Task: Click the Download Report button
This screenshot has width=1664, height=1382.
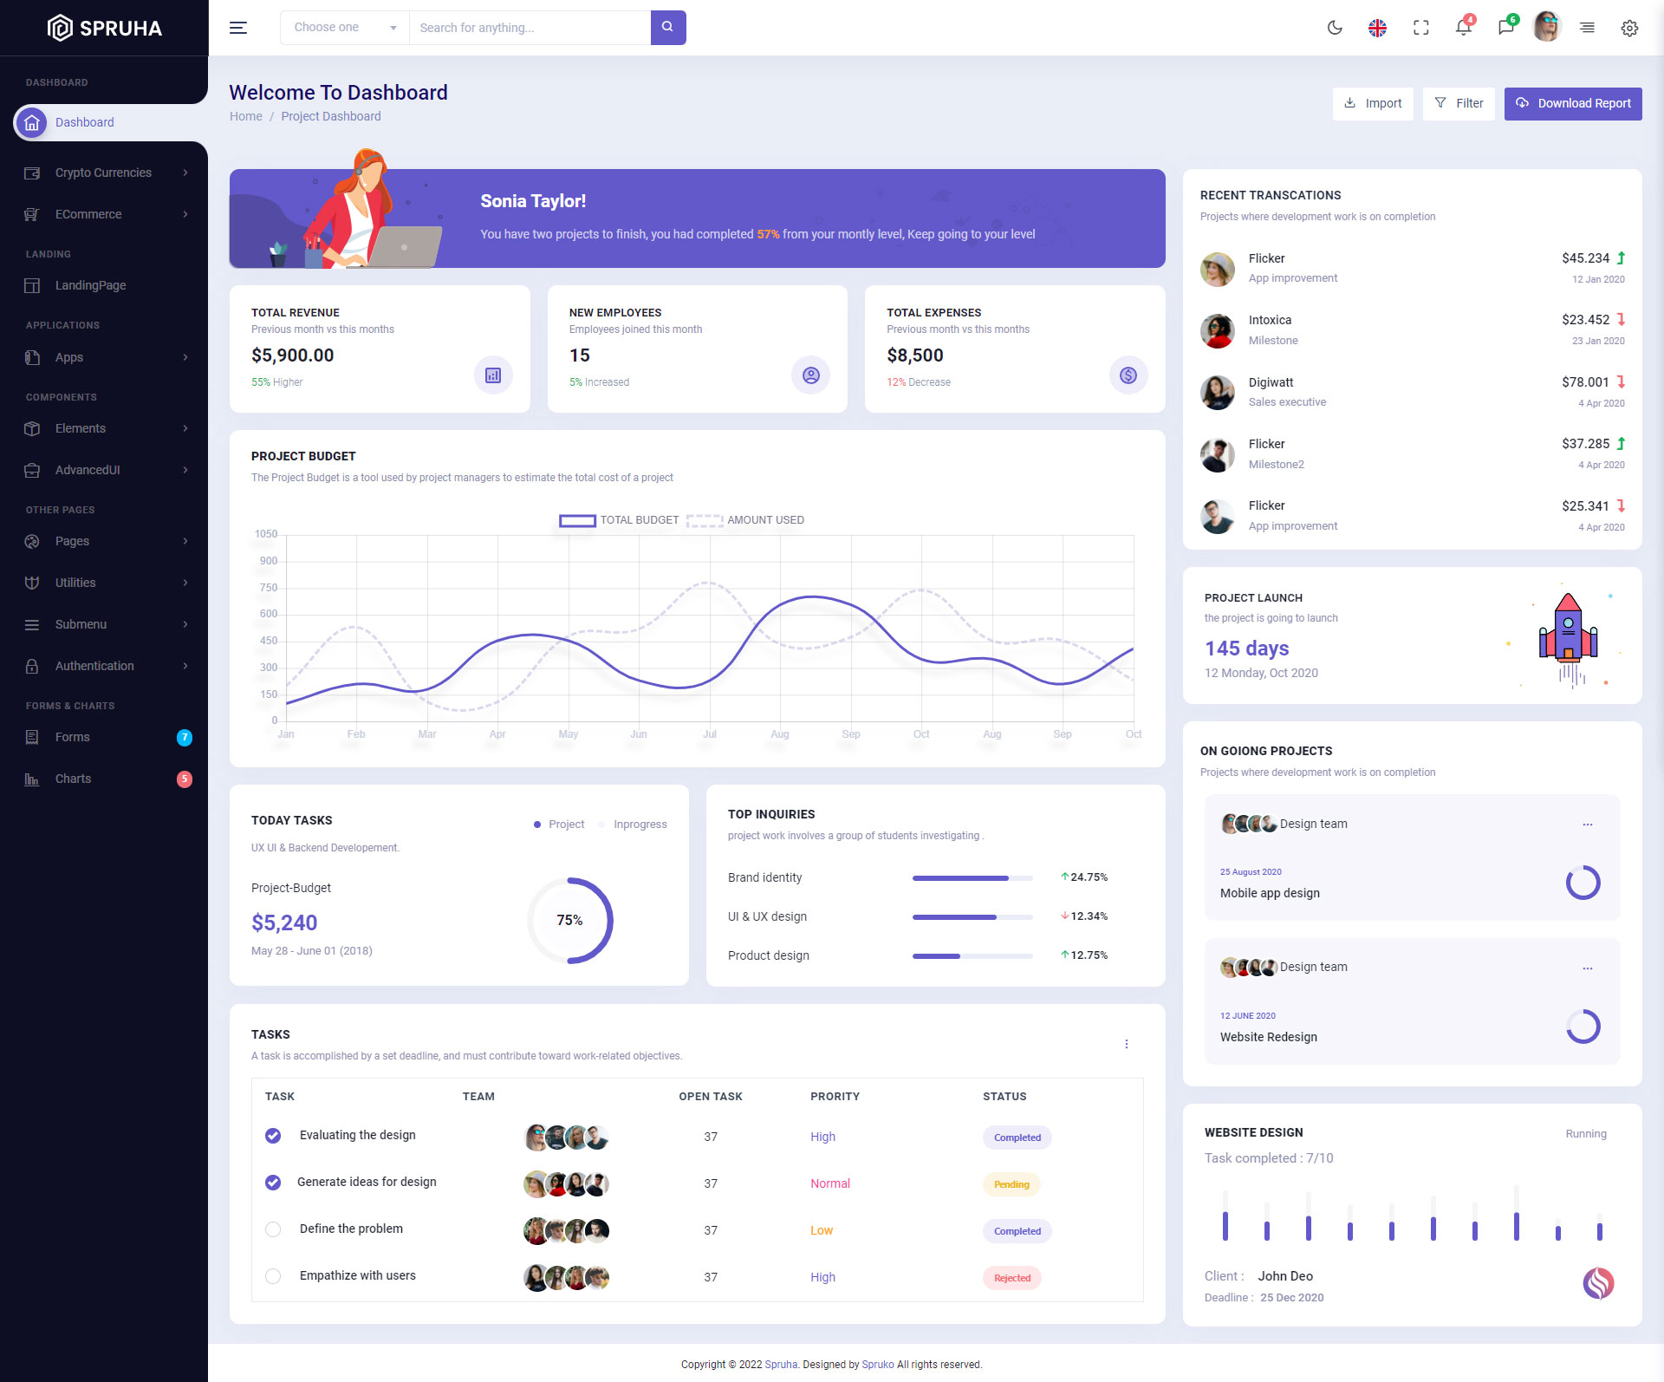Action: click(x=1573, y=103)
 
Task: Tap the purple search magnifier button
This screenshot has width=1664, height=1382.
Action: click(x=667, y=27)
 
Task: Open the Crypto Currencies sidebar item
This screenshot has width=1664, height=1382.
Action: click(x=104, y=173)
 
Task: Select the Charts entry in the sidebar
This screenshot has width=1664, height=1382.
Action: click(x=73, y=779)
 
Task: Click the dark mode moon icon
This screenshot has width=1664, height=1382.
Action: click(x=1335, y=28)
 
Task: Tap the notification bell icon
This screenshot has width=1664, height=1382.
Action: click(x=1463, y=28)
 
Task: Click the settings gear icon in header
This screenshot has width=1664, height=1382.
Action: click(x=1629, y=28)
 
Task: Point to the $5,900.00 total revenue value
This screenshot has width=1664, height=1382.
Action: click(x=293, y=355)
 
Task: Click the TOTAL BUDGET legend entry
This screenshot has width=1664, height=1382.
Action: click(x=619, y=520)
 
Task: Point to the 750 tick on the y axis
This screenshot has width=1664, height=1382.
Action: click(x=269, y=588)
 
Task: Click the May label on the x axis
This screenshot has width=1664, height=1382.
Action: click(x=568, y=734)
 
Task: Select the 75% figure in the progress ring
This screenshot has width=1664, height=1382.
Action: click(x=569, y=920)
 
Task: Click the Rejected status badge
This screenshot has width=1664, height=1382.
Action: click(x=1011, y=1278)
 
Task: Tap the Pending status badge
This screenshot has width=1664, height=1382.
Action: click(x=1011, y=1184)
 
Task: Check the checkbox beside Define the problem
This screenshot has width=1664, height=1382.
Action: click(x=273, y=1229)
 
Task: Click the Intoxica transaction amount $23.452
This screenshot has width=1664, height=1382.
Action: click(x=1585, y=320)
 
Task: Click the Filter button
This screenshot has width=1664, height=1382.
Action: click(x=1459, y=103)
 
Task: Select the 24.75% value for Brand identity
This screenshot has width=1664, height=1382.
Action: click(x=1089, y=877)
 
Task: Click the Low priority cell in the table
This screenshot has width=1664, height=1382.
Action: click(x=822, y=1230)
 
